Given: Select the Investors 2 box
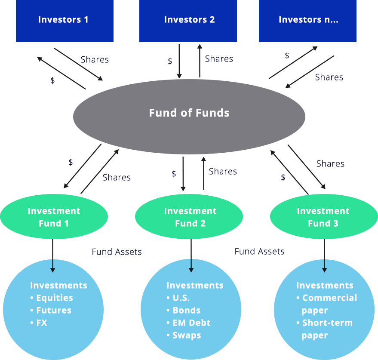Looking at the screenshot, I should [x=189, y=20].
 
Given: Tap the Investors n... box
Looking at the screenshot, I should [x=308, y=20].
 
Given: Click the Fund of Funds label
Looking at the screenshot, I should [x=189, y=113].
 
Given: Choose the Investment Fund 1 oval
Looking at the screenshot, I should [x=54, y=217].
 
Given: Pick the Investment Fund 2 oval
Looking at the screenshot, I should [x=190, y=217].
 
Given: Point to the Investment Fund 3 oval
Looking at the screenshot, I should [x=323, y=217].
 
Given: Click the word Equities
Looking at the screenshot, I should [x=55, y=298].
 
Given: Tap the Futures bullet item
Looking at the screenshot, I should [x=54, y=311].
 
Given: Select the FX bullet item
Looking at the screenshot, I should [x=42, y=323].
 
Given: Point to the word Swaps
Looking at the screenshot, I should [x=187, y=335].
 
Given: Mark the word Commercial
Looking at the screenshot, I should [x=329, y=298].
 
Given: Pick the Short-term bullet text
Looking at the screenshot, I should [x=327, y=323].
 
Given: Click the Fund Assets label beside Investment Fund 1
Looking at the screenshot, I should [x=117, y=252].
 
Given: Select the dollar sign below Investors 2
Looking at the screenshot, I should [x=170, y=61].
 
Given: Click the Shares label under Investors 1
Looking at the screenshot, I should [x=95, y=60].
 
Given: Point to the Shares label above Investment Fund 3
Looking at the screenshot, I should [x=330, y=164].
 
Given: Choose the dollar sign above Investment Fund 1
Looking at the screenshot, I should [x=71, y=163].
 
